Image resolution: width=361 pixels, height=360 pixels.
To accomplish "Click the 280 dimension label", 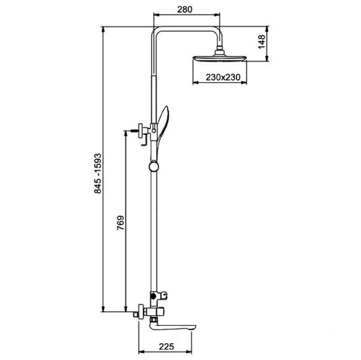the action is (185, 9).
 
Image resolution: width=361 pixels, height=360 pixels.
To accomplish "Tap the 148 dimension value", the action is (261, 42).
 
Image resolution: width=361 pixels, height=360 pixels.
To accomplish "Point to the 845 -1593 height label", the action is (98, 173).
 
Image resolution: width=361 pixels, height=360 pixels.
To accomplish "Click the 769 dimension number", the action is (120, 223).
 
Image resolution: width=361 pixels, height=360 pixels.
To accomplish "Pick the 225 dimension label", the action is (166, 346).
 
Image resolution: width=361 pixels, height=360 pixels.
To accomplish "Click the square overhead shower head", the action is (220, 58).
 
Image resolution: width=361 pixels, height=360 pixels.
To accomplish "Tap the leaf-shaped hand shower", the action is (163, 129).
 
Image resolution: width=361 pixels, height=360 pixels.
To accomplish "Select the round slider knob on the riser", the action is (154, 167).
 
